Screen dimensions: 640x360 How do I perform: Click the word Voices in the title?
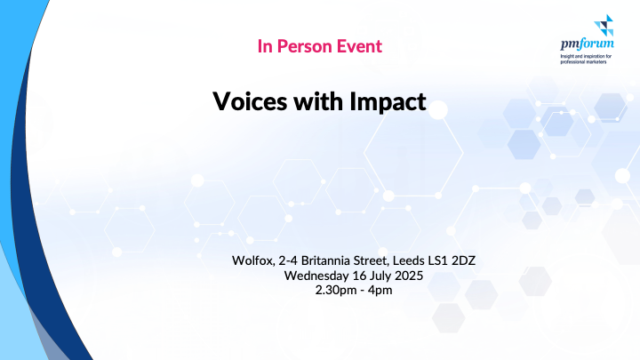click(250, 101)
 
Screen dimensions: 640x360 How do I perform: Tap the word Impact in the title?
click(388, 102)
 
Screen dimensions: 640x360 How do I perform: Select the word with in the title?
click(318, 101)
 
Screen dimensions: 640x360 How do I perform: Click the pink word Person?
click(303, 46)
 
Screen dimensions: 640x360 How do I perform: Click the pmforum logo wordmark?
click(587, 44)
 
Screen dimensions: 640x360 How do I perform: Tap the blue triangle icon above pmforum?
click(604, 25)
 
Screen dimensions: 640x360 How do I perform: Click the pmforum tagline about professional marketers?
click(586, 60)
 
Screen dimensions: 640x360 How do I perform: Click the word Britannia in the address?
click(325, 260)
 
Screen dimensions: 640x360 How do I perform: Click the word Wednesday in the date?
click(316, 276)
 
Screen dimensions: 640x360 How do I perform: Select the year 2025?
click(409, 276)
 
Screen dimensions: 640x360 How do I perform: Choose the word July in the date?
click(380, 276)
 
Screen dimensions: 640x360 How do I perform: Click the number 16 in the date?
click(359, 276)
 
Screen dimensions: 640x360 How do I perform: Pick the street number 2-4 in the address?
click(288, 260)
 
